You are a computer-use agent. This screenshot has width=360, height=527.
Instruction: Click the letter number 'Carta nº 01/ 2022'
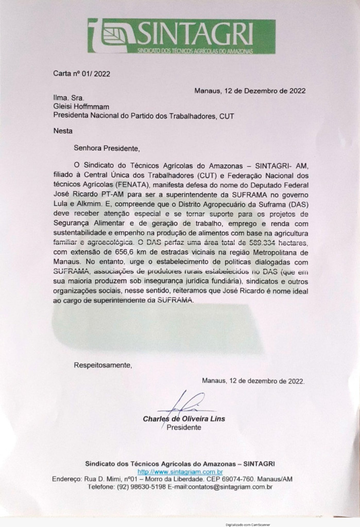coord(82,73)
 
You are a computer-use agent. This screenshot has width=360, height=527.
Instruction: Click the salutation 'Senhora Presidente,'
coord(107,149)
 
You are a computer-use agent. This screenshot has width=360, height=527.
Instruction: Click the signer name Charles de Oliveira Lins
coord(184,418)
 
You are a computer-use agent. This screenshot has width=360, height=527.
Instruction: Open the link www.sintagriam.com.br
coord(180,471)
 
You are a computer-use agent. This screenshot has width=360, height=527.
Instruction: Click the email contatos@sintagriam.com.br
coord(230,486)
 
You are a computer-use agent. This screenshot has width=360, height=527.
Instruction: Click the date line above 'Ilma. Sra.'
coord(250,91)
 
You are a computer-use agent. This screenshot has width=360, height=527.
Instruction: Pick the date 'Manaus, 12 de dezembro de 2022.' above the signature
coord(253,381)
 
